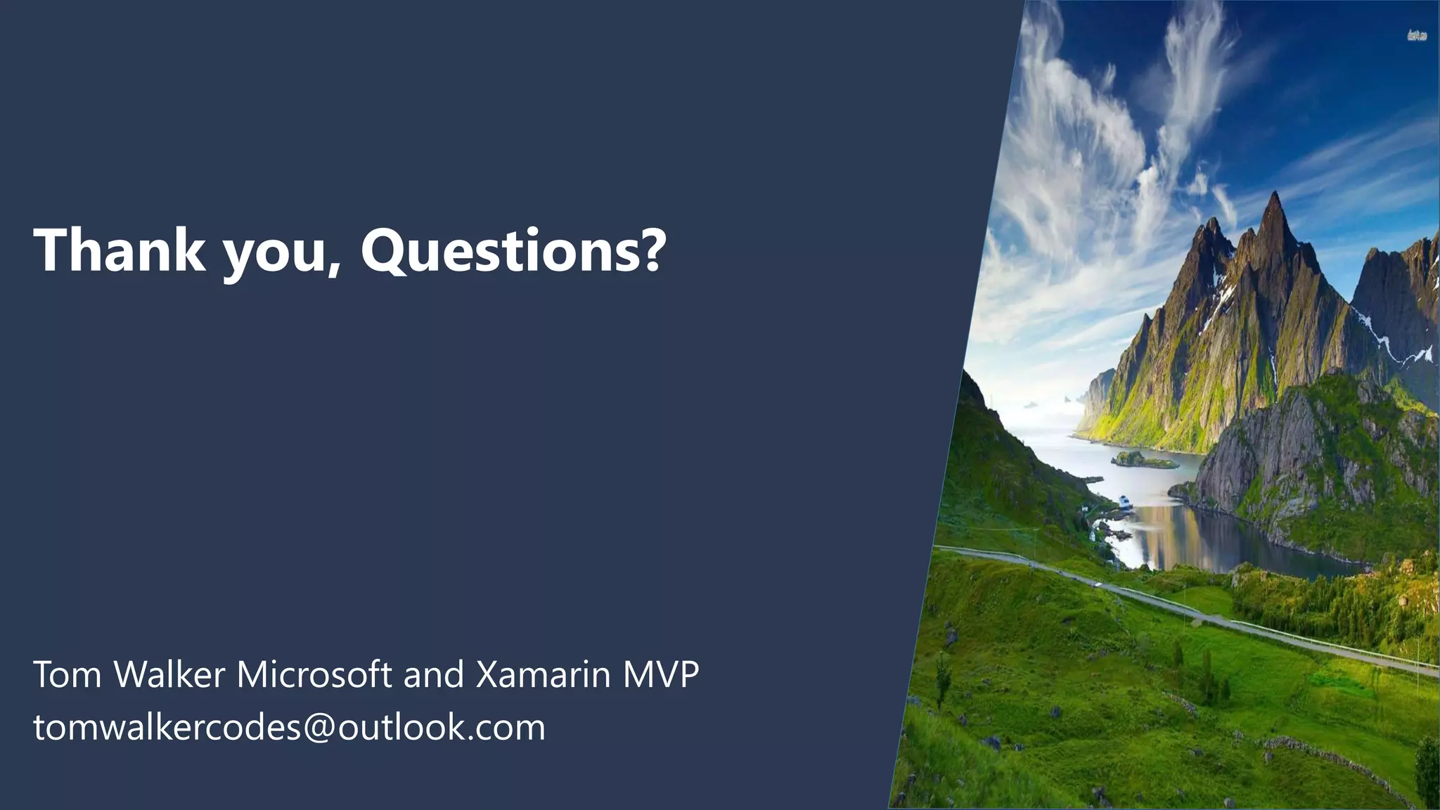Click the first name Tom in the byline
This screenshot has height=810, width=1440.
pos(68,674)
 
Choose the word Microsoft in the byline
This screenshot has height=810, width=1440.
pos(314,674)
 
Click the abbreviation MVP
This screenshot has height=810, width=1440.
pos(661,674)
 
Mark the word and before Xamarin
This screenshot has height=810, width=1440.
pos(434,674)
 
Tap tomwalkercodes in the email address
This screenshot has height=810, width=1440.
pos(167,728)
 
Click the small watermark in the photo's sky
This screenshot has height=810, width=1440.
pos(1417,35)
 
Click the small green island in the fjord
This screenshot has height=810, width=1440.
pos(1143,461)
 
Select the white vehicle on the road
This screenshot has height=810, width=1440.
pos(1096,583)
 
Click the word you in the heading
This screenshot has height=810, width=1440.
pos(275,253)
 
